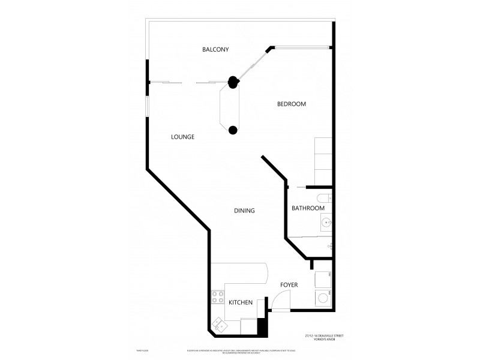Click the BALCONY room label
[215, 49]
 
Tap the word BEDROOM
[291, 104]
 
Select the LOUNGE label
[182, 137]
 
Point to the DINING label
[245, 211]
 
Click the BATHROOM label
[308, 208]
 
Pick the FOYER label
[289, 284]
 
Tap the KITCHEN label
[240, 302]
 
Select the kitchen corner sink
[218, 325]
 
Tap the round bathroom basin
[326, 223]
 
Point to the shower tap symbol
[329, 246]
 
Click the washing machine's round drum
[323, 297]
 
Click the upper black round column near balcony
[232, 82]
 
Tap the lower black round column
[233, 129]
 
